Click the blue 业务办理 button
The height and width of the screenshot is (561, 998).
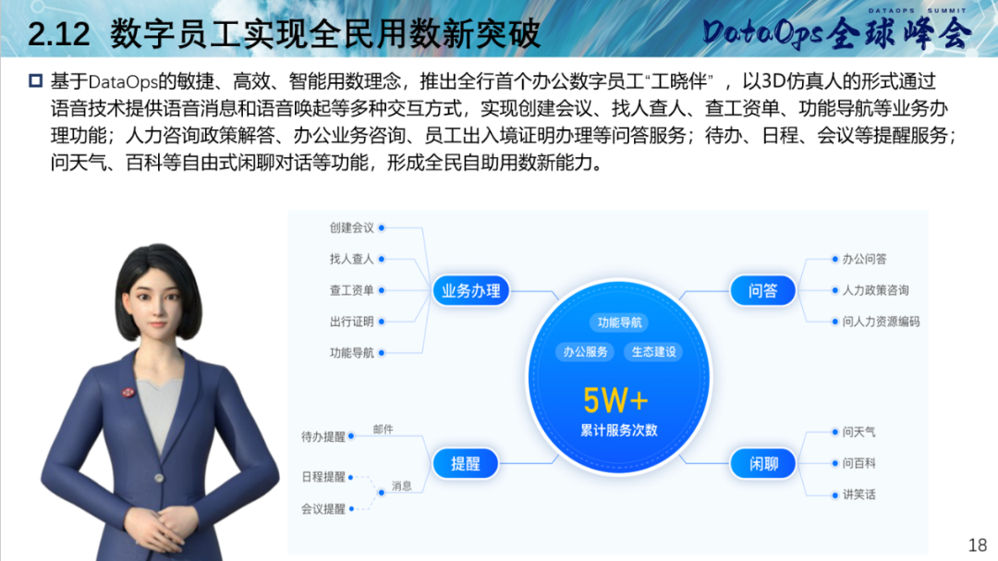pyautogui.click(x=471, y=291)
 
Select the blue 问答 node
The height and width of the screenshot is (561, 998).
pyautogui.click(x=762, y=291)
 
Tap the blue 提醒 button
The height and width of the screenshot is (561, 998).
pyautogui.click(x=465, y=464)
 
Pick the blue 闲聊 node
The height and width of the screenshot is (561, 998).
pyautogui.click(x=762, y=464)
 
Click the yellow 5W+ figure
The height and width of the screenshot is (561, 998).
pyautogui.click(x=615, y=401)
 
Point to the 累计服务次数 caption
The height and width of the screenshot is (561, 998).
pyautogui.click(x=618, y=431)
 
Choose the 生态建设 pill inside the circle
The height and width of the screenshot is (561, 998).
pyautogui.click(x=653, y=351)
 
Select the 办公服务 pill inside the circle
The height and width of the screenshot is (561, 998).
pyautogui.click(x=585, y=351)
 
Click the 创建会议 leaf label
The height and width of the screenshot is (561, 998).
pyautogui.click(x=351, y=228)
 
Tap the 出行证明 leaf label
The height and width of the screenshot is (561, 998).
pyautogui.click(x=351, y=322)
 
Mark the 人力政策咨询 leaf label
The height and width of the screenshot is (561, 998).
pyautogui.click(x=875, y=290)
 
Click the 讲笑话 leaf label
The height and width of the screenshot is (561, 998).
pyautogui.click(x=858, y=494)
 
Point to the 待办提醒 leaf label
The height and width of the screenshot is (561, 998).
pyautogui.click(x=323, y=437)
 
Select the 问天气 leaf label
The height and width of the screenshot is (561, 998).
pyautogui.click(x=858, y=433)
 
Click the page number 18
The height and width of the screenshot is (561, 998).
pyautogui.click(x=977, y=545)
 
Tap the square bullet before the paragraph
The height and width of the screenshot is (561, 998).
pyautogui.click(x=36, y=81)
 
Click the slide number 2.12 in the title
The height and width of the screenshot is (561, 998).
pyautogui.click(x=58, y=34)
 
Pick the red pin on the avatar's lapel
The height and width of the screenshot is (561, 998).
pyautogui.click(x=128, y=392)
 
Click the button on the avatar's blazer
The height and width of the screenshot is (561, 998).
pyautogui.click(x=159, y=478)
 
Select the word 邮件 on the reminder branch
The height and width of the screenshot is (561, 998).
pyautogui.click(x=383, y=430)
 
